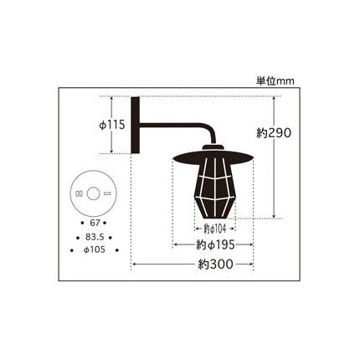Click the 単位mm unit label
coord(275,81)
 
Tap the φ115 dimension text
coord(112,125)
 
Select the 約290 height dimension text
coord(274,133)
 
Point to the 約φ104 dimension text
coord(214,229)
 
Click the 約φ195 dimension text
coord(215,245)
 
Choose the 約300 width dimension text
coord(215,264)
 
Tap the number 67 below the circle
coord(95,223)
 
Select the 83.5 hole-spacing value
coord(95,237)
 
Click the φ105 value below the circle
coord(95,249)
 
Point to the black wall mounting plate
coord(135,125)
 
